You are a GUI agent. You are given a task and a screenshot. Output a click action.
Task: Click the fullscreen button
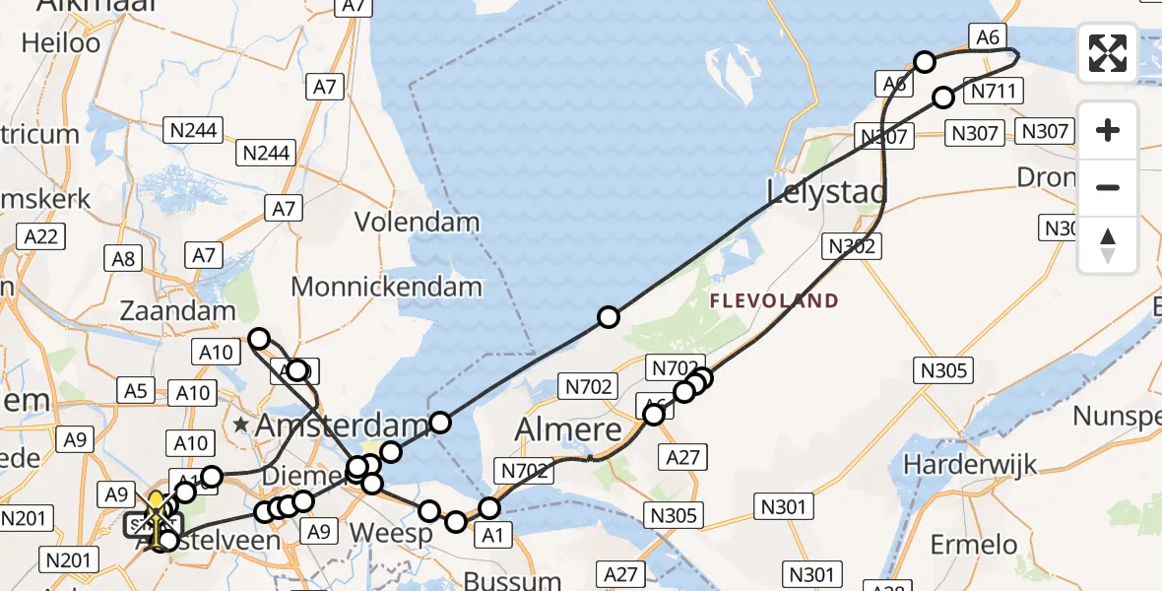coord(1108,53)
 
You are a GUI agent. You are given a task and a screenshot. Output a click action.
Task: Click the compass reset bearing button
coord(1108,245)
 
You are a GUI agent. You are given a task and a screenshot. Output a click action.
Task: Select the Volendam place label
coord(417,222)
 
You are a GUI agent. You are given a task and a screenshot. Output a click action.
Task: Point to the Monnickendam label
coord(387,287)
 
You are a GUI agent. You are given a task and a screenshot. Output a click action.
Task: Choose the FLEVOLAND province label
coord(774,301)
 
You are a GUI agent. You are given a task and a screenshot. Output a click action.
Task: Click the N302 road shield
coord(852,246)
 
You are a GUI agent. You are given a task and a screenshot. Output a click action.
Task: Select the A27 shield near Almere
coord(683,456)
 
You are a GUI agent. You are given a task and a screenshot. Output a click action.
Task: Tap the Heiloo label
coord(61,43)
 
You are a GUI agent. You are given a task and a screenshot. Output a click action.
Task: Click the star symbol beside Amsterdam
coord(241,427)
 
